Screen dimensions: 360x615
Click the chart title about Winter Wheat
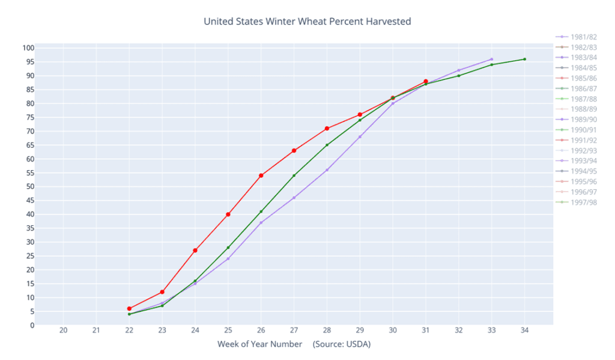coord(307,22)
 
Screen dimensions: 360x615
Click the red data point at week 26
coord(261,175)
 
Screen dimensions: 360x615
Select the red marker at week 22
coord(129,308)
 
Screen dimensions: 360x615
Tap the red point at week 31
coord(426,81)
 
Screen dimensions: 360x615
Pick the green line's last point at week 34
coord(524,59)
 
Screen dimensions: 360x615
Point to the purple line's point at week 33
coord(491,59)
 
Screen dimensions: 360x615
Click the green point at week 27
coord(294,175)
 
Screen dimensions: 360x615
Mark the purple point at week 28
coord(327,170)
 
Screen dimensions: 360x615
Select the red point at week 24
coord(195,250)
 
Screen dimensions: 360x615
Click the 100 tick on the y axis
coord(28,48)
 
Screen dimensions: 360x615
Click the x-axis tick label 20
coord(63,330)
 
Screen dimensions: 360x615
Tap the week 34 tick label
coord(524,330)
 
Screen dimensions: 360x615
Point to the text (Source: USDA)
coord(341,344)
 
